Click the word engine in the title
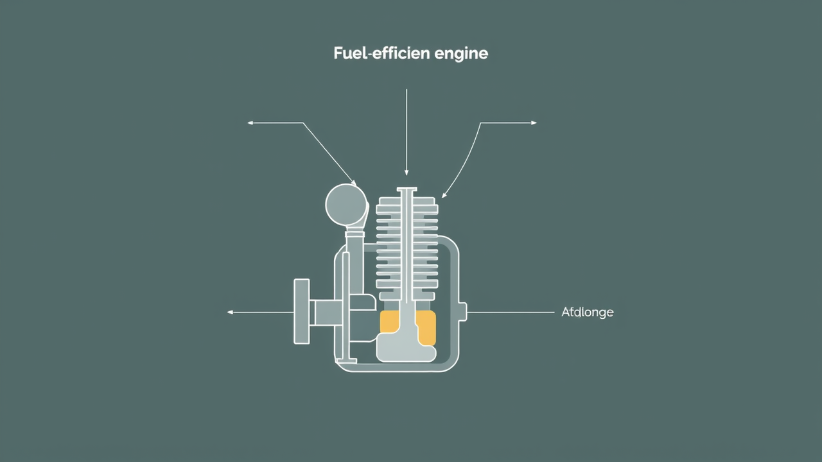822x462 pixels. (x=461, y=54)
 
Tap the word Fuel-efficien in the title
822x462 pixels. (x=381, y=53)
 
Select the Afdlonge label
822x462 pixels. (x=587, y=312)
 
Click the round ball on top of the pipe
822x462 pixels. (x=347, y=205)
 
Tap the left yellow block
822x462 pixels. (x=389, y=321)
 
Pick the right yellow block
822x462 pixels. (x=426, y=328)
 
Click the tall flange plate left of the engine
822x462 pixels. (x=302, y=311)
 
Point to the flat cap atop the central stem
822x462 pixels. (x=407, y=190)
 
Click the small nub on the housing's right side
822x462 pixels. (x=463, y=312)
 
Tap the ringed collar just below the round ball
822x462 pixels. (x=355, y=235)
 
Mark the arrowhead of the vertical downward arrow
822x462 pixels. (x=407, y=173)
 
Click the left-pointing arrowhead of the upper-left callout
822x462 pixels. (x=250, y=123)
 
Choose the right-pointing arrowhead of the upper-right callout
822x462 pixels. (x=534, y=123)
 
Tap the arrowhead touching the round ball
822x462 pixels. (x=354, y=183)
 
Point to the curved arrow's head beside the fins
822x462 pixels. (x=444, y=195)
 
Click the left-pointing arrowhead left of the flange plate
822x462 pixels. (x=230, y=312)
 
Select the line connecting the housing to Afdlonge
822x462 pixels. (x=511, y=312)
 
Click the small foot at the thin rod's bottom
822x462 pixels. (x=347, y=361)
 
